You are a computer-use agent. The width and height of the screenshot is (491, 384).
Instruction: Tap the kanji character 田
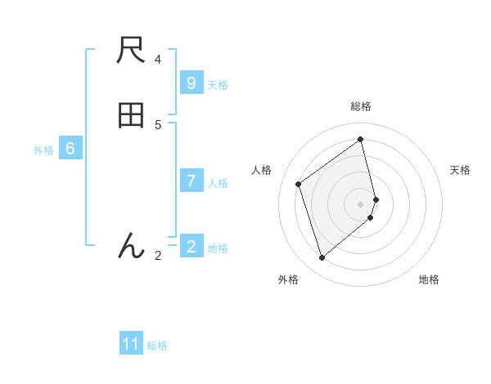[x=131, y=116]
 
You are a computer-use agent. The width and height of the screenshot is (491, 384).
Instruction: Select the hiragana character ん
[x=131, y=244]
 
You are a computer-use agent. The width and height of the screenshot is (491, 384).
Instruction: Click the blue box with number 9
[x=191, y=83]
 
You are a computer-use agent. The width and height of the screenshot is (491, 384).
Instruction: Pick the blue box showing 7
[x=191, y=181]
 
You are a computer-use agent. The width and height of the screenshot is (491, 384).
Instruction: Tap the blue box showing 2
[x=191, y=247]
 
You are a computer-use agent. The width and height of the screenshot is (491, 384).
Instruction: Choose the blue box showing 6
[x=70, y=149]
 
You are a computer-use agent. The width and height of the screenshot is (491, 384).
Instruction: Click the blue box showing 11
[x=131, y=344]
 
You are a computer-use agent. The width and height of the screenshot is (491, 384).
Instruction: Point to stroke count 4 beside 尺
[x=158, y=60]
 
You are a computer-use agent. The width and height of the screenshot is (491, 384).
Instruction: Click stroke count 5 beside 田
[x=158, y=124]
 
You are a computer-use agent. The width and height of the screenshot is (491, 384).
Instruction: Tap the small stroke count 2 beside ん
[x=158, y=255]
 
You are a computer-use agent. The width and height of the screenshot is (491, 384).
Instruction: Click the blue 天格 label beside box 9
[x=218, y=84]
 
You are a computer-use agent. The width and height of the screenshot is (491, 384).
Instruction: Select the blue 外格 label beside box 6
[x=43, y=150]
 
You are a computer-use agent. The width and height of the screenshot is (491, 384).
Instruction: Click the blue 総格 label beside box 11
[x=157, y=346]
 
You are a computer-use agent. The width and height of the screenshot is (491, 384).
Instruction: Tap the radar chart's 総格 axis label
[x=361, y=106]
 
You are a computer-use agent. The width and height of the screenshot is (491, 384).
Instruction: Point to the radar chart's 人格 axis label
[x=262, y=170]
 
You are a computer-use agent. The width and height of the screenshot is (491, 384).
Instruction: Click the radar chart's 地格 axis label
[x=429, y=279]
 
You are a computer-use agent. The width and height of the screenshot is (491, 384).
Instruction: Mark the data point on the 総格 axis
[x=361, y=140]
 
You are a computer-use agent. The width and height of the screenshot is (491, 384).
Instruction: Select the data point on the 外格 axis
[x=322, y=258]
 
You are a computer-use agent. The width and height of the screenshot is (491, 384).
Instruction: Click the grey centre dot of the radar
[x=361, y=203]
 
